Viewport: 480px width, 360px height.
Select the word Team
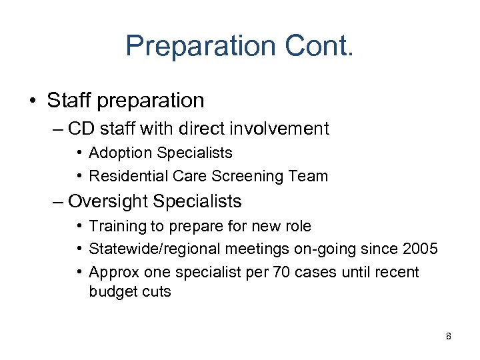309,176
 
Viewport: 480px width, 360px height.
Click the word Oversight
113,201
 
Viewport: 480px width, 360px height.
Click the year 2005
420,249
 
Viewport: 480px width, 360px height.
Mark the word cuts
155,292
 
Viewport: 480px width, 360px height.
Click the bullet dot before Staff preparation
33,101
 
